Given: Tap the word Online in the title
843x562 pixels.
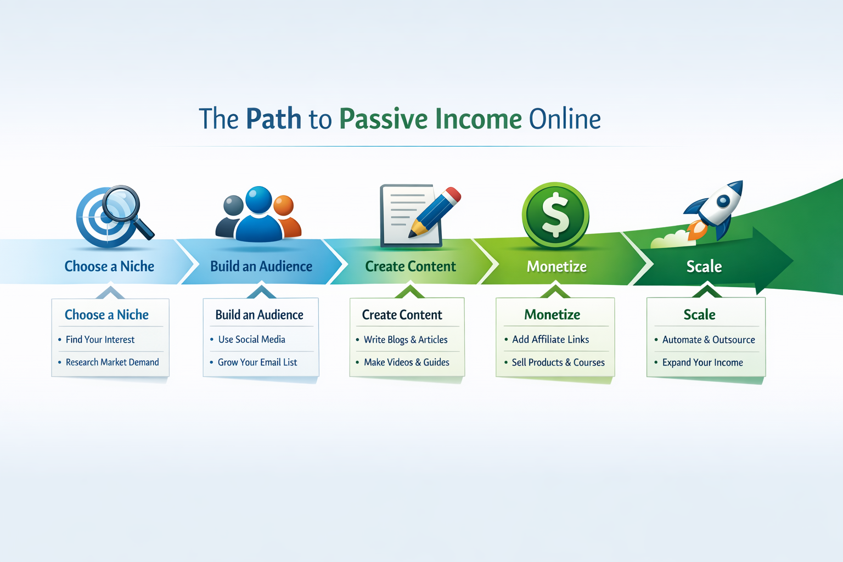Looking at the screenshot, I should coord(565,119).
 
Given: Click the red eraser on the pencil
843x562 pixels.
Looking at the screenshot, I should coord(453,195).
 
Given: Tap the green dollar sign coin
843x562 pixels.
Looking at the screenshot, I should coord(555,215).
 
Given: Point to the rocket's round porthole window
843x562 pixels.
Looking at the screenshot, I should coord(723,201).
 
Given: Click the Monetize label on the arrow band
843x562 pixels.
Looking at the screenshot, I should coord(557,267).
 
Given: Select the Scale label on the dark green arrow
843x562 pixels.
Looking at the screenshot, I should coord(704,267).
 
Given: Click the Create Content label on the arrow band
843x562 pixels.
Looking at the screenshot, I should coord(411,267).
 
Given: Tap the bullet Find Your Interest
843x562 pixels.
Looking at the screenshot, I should coord(100,340).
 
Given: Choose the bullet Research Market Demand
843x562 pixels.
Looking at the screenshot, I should coord(112,362).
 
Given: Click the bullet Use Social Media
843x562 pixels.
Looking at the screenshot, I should coord(251,340).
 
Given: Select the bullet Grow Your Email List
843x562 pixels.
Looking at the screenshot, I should coord(257,362).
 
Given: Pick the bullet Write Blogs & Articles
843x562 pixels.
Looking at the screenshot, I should coord(406,340).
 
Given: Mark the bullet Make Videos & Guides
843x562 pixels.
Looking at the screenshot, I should coord(406,362).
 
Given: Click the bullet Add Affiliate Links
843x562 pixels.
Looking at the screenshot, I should coord(550,340).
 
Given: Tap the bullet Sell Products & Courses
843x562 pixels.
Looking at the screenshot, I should coord(558,362).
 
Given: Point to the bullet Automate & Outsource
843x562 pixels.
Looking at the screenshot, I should coord(709,340).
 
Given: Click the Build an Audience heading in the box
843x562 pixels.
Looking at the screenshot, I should coord(259,315).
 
